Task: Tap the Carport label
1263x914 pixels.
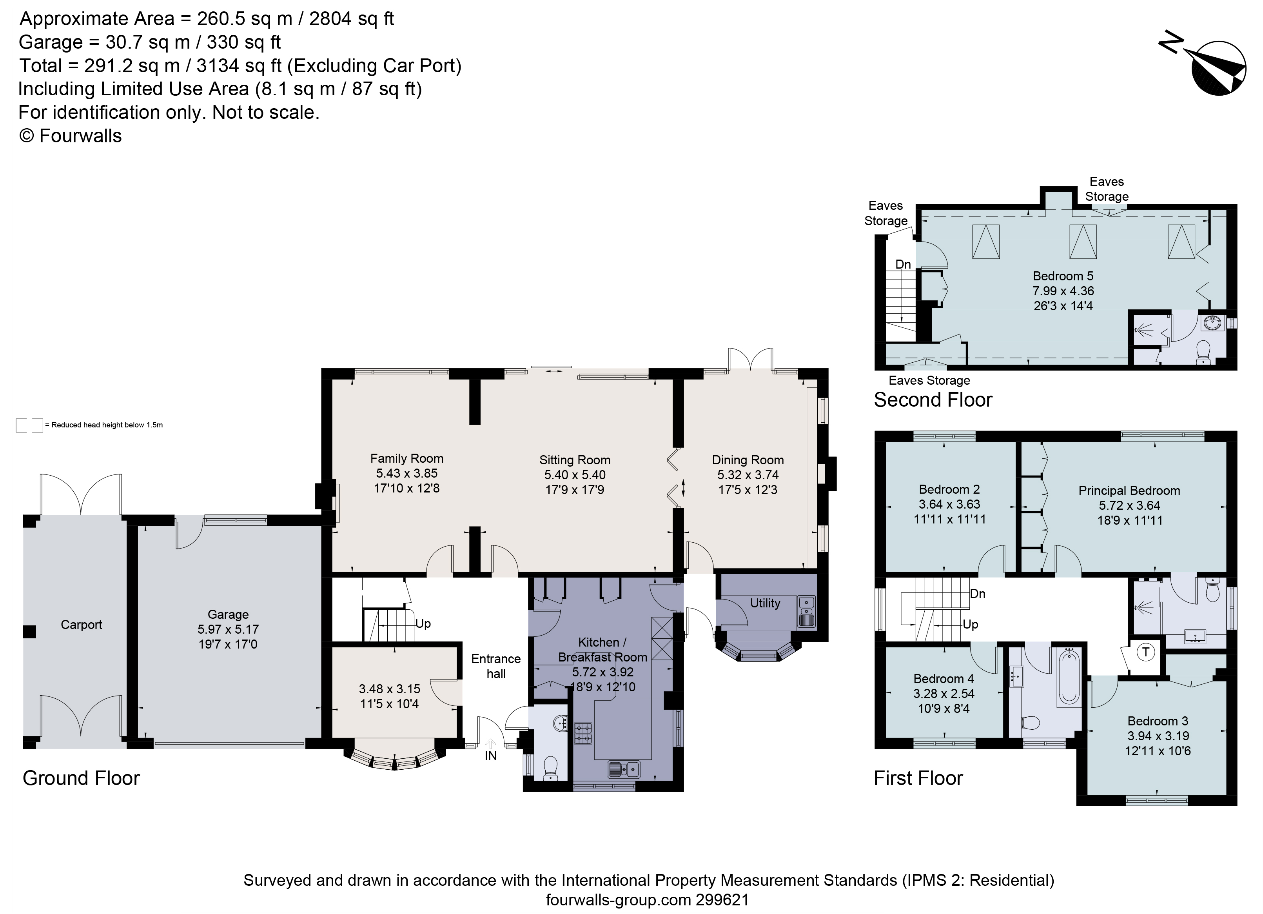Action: tap(81, 624)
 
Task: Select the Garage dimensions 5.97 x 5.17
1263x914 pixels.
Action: tap(228, 629)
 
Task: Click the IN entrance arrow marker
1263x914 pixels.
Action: tap(491, 745)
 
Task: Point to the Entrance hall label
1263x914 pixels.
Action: tap(495, 666)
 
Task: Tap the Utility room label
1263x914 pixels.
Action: tap(765, 603)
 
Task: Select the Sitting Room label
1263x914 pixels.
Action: tap(575, 460)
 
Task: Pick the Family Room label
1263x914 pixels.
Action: tap(406, 458)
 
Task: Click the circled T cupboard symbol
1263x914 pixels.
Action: tap(1145, 652)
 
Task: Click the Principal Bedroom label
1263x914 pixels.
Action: tap(1129, 491)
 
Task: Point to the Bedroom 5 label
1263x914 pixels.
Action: tap(1063, 276)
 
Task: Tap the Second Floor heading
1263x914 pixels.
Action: tap(933, 400)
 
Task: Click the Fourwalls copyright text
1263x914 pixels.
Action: tap(70, 136)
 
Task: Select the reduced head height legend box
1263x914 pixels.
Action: tap(29, 425)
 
